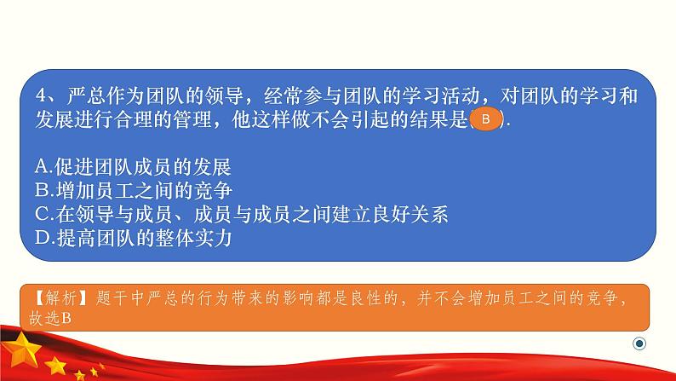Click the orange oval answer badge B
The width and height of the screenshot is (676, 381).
coord(485,118)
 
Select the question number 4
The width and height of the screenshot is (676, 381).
coord(41,95)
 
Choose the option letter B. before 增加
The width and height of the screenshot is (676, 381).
coord(44,191)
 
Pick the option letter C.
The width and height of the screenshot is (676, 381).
coord(43,215)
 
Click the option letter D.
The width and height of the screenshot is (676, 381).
coord(44,238)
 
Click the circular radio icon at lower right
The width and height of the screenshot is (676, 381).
coord(639,343)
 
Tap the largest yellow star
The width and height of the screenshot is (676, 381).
coord(22,348)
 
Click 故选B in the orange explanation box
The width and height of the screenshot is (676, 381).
coord(50,319)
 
